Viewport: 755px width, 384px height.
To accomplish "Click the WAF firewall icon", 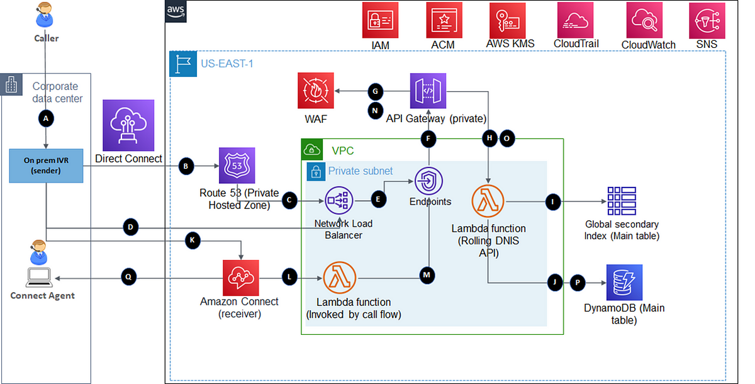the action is click(x=316, y=91).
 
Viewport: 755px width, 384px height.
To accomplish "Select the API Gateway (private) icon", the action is click(x=428, y=91).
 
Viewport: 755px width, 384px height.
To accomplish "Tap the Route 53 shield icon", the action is click(x=237, y=165).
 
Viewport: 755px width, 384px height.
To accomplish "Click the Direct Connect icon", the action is click(x=128, y=125).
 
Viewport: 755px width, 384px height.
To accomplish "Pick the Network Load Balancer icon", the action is click(x=339, y=201).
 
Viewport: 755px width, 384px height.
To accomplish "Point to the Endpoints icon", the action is click(x=428, y=181).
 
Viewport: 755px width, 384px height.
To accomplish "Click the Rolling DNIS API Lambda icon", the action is click(x=488, y=201).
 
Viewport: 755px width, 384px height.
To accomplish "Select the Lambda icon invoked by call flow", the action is click(x=340, y=278).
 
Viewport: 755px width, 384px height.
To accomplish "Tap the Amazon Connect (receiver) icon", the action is click(x=241, y=278).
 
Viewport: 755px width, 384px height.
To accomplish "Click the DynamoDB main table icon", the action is click(x=624, y=283).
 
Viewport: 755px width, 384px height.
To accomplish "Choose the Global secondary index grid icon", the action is click(x=622, y=201).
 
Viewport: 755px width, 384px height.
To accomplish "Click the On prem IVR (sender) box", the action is click(x=46, y=166).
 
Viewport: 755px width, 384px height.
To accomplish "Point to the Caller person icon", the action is click(x=45, y=15).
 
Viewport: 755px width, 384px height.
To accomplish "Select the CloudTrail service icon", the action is click(x=575, y=20).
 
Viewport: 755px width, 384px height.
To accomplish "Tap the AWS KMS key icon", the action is click(x=507, y=20).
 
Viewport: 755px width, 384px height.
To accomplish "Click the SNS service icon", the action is click(x=707, y=20).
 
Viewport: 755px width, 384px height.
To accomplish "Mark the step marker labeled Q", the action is click(x=129, y=277).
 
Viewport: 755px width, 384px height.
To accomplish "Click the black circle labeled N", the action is click(x=375, y=111).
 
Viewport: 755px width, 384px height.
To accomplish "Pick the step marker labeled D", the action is click(x=131, y=227).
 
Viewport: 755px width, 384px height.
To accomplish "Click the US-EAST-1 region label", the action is click(x=227, y=64).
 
